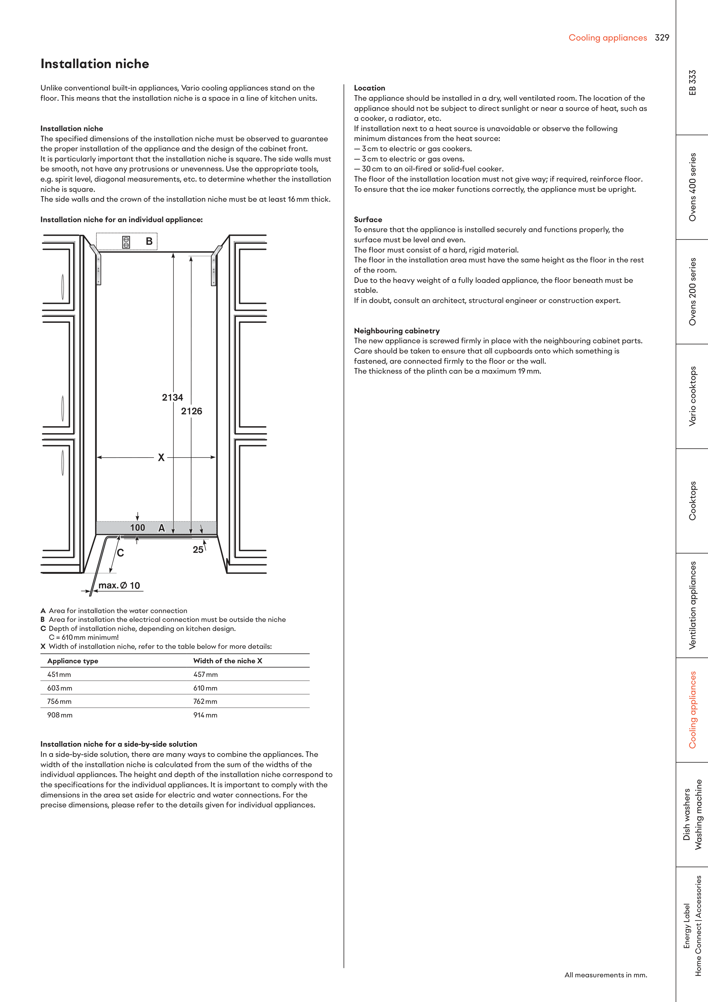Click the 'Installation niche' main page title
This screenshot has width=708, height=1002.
click(x=95, y=64)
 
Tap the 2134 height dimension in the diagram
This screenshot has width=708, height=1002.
click(x=172, y=397)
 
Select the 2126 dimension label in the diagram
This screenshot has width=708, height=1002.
click(x=191, y=411)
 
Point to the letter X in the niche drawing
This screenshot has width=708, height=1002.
click(x=161, y=457)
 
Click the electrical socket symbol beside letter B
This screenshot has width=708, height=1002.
click(x=126, y=242)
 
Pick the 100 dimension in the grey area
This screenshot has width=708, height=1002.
click(x=138, y=528)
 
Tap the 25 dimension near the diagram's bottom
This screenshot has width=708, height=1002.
click(x=198, y=550)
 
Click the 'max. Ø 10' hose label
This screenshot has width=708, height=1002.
click(x=119, y=586)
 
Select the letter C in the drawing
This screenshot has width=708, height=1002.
click(x=121, y=553)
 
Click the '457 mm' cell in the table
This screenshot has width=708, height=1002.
click(x=206, y=674)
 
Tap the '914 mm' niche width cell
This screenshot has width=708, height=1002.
click(x=206, y=715)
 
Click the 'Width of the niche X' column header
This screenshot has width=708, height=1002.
click(x=228, y=661)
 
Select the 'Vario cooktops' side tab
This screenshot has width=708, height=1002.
click(x=692, y=396)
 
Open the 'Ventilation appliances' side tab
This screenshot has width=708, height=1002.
click(x=692, y=605)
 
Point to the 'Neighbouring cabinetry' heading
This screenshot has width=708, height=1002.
click(x=397, y=331)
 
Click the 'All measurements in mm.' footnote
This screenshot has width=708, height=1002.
click(x=605, y=975)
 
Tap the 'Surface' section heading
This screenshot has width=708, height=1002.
click(x=368, y=220)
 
